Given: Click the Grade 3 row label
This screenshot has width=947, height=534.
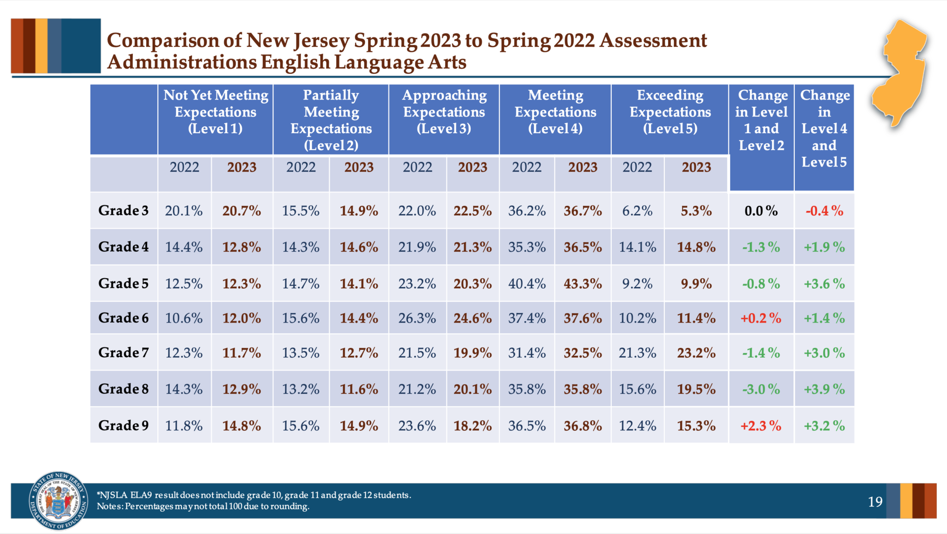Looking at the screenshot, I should pyautogui.click(x=123, y=211).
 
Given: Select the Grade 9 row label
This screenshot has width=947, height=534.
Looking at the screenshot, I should pyautogui.click(x=123, y=425).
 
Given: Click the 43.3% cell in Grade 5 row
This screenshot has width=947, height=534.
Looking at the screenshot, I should pyautogui.click(x=583, y=283).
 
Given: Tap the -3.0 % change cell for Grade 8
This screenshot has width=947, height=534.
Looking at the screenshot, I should pyautogui.click(x=761, y=389).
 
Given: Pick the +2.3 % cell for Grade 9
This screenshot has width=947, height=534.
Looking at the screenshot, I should pyautogui.click(x=761, y=426).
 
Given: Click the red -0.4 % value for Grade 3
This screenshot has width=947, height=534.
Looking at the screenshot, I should pyautogui.click(x=824, y=211).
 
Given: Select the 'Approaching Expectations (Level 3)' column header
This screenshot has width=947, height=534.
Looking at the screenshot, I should pyautogui.click(x=444, y=112).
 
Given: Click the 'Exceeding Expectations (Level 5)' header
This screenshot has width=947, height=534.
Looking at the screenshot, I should pyautogui.click(x=670, y=112).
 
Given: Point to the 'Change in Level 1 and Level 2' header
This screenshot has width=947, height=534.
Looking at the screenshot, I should pyautogui.click(x=761, y=120).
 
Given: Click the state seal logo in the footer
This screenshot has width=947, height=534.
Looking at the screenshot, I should pyautogui.click(x=58, y=501).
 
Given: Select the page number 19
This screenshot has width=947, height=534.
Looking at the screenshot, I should pyautogui.click(x=875, y=502).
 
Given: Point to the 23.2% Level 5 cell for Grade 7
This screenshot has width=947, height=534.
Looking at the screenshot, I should pyautogui.click(x=696, y=353).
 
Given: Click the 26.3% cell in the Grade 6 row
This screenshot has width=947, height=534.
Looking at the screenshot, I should pyautogui.click(x=417, y=318).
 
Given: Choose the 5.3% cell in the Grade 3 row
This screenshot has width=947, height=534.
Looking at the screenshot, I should pyautogui.click(x=696, y=211).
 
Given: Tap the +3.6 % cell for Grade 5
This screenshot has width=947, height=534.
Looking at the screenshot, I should pyautogui.click(x=824, y=284).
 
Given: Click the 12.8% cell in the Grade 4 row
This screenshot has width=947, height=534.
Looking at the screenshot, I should pyautogui.click(x=241, y=247).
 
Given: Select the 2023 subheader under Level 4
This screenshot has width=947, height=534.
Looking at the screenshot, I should pyautogui.click(x=583, y=168).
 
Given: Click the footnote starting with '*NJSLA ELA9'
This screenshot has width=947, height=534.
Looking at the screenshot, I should pyautogui.click(x=253, y=495).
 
